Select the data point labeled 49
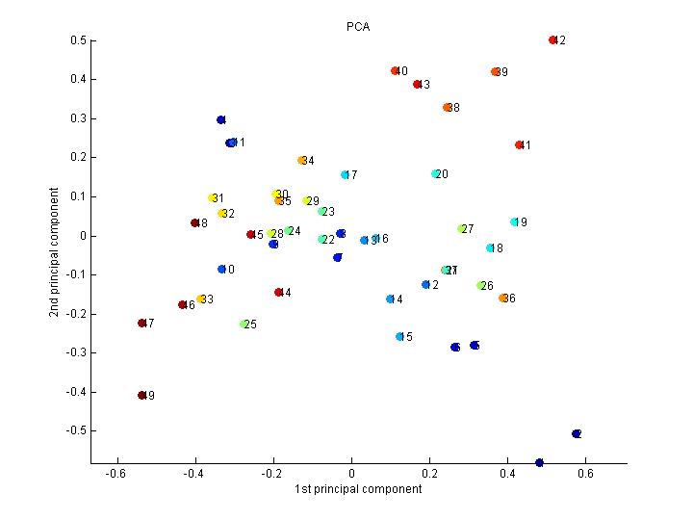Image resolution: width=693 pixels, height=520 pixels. pos(141,396)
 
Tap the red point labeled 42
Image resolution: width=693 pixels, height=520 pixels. pos(552,40)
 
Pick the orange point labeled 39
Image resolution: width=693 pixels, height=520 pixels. pos(496,72)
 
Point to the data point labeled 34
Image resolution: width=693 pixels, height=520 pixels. pos(302,161)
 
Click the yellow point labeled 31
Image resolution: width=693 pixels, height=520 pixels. pos(213,198)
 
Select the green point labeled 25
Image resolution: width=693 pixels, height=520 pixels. pos(244,325)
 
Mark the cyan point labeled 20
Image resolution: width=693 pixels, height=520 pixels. pos(436,174)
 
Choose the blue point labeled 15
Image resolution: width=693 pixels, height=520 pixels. pos(399,337)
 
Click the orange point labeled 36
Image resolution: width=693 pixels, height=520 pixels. pos(503,299)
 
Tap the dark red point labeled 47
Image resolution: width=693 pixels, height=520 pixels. pos(141,324)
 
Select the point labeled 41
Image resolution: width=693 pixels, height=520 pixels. pos(519,145)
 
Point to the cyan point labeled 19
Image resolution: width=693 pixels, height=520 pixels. pos(515,222)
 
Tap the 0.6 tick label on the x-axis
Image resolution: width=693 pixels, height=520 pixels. pos(585,474)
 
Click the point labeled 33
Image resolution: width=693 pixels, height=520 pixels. pos(201,299)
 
